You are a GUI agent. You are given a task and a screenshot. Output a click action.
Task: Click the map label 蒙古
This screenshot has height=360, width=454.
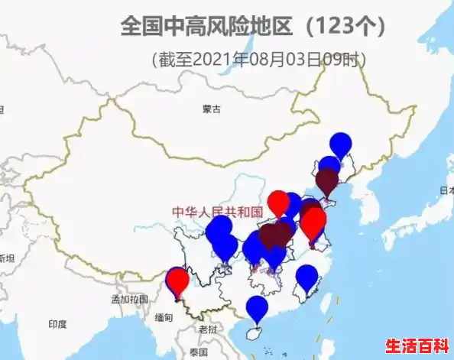point(212,109)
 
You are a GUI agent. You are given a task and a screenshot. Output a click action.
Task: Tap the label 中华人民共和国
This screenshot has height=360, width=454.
point(217,212)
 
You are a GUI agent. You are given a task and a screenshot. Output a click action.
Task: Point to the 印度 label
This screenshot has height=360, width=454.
point(58,324)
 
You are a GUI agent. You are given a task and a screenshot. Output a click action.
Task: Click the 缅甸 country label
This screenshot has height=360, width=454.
point(164,317)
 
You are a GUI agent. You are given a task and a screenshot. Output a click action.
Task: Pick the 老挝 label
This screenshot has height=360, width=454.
point(208,329)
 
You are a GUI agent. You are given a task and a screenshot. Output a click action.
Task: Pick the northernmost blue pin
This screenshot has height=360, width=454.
point(341,144)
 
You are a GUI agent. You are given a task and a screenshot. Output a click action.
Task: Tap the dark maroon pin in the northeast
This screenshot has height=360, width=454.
point(328,181)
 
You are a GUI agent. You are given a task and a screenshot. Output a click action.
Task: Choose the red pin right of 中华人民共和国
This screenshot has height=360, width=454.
point(279,202)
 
